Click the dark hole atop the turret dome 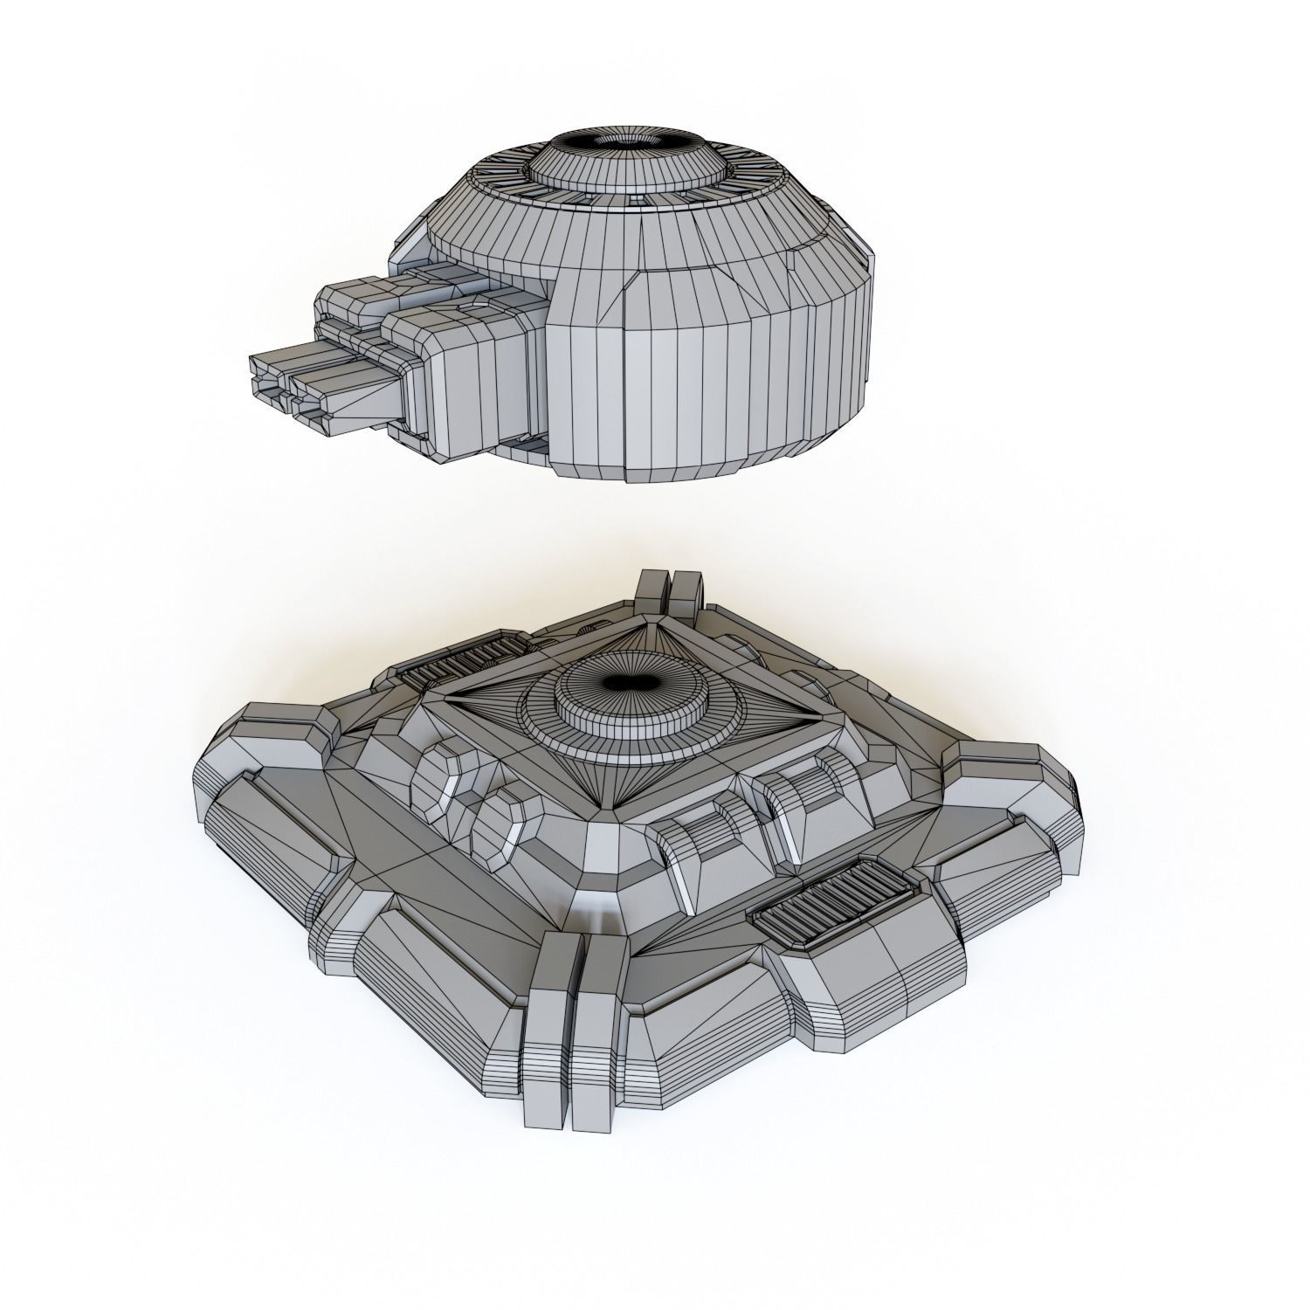627,143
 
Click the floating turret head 611,306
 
